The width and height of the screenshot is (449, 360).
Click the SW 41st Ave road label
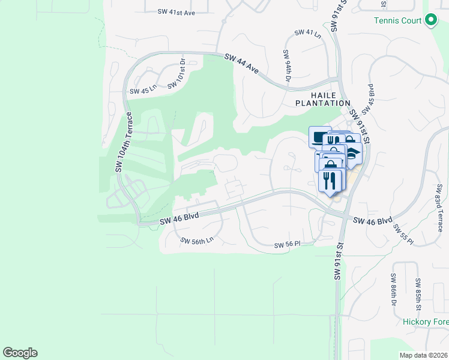[x=176, y=12]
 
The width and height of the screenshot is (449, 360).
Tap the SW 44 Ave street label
[x=241, y=64]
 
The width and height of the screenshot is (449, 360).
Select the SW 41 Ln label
[x=308, y=33]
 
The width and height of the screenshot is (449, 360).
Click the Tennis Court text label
[x=398, y=20]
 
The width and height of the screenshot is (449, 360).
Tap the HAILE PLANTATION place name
[x=322, y=99]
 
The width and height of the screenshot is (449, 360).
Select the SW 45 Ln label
[x=143, y=91]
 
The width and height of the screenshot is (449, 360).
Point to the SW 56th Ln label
[x=197, y=240]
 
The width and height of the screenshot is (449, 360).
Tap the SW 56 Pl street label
[x=286, y=245]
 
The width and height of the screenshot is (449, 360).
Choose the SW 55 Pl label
[x=402, y=233]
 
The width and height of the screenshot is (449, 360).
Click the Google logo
[x=20, y=353]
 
